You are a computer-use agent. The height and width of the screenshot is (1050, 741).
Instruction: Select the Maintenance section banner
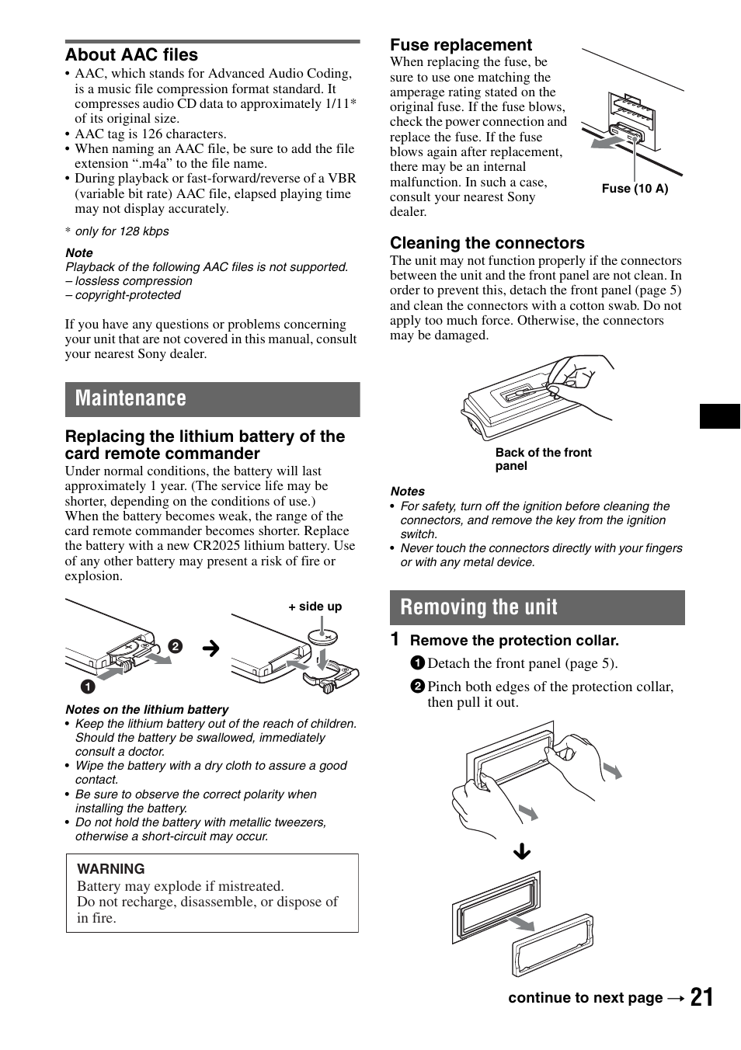[212, 399]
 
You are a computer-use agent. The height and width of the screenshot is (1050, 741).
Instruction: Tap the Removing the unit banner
[537, 607]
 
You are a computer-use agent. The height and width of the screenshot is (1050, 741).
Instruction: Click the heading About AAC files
[131, 55]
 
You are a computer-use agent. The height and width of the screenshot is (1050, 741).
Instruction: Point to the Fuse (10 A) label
[635, 189]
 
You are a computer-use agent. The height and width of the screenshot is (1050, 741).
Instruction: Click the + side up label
[315, 607]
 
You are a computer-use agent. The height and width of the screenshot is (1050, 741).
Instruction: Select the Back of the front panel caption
[543, 459]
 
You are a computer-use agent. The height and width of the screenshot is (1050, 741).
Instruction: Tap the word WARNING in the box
[111, 869]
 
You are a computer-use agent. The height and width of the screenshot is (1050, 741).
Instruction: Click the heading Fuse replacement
[461, 45]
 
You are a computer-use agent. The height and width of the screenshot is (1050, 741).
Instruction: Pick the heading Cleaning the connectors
[487, 243]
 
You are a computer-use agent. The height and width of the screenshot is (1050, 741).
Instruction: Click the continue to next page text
[585, 998]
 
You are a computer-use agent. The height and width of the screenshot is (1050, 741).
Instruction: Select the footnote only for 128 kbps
[121, 231]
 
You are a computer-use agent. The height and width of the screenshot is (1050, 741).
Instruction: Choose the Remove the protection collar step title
[514, 641]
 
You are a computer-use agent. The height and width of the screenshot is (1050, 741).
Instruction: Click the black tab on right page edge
[719, 416]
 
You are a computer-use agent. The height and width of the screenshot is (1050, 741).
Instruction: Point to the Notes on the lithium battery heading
[147, 709]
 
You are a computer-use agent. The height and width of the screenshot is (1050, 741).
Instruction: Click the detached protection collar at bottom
[552, 946]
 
